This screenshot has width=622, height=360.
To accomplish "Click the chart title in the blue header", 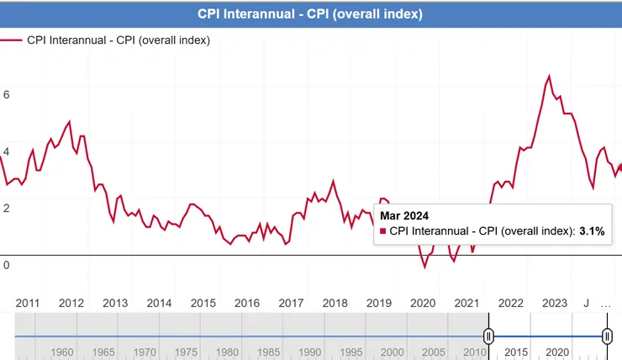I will pos(310,14).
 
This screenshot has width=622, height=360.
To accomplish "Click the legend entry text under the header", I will pos(119,40).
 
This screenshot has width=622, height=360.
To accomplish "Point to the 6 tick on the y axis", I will pos(7,95).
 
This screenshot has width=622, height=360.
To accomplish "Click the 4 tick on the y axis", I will pos(7,151).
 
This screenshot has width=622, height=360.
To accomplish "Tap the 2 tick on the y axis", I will pos(7,208).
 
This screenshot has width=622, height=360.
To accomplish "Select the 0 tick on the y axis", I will pos(7,265).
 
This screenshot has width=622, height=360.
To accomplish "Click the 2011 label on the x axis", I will pos(28,303).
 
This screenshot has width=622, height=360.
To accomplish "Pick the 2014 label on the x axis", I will pos(159,303).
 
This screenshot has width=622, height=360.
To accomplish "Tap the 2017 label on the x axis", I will pos(291,303).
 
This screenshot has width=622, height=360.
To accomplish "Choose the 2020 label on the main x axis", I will pos(422,303).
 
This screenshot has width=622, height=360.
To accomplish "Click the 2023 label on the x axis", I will pos(554,303).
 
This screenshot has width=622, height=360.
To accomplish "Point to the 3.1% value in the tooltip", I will pos(592,230).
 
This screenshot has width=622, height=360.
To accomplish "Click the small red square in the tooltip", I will pos(383,230).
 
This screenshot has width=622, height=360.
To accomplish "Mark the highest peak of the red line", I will pos(549,76).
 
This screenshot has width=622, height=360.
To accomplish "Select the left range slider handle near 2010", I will pos(488,336).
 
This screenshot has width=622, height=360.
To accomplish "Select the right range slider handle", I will pos(607,336).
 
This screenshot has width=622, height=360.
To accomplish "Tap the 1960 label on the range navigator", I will pos(62,351).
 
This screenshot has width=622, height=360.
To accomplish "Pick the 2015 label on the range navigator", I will pos(514,351).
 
